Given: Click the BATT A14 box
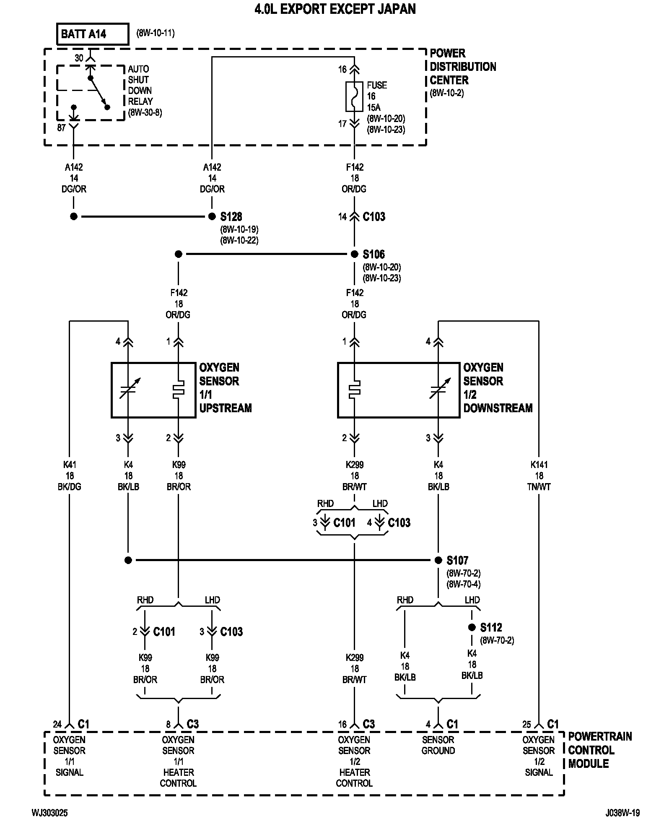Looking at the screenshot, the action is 93,34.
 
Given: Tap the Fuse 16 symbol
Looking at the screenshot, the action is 354,97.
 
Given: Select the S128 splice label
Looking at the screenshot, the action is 231,217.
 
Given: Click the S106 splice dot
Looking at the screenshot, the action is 355,254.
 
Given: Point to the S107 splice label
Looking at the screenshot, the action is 457,560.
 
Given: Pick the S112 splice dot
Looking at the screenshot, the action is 472,627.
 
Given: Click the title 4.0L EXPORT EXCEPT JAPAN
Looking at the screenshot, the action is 335,9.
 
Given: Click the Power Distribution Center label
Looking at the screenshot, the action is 463,67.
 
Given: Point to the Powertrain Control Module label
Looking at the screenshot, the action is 600,750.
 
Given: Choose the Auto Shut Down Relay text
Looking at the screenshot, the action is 140,85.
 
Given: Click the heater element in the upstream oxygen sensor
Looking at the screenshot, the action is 179,390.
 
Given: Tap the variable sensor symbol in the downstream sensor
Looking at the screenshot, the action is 439,389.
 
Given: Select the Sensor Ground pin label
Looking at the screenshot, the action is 438,745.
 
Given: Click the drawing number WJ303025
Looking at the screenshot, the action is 49,813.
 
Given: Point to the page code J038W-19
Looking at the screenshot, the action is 622,813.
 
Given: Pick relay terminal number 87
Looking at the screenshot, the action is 62,127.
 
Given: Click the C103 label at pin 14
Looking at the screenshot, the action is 374,217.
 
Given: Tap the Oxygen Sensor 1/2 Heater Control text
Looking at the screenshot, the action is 354,761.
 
